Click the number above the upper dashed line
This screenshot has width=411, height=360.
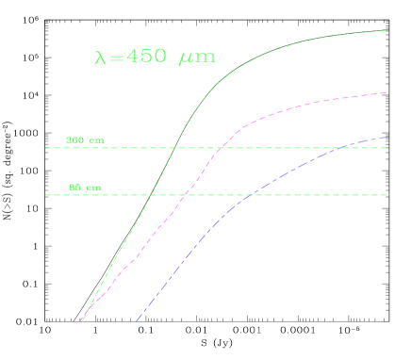pyautogui.click(x=75, y=140)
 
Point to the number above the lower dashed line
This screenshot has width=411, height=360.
pyautogui.click(x=75, y=188)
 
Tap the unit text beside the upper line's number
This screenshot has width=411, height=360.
pyautogui.click(x=96, y=141)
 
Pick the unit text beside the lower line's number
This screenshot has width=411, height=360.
pyautogui.click(x=93, y=188)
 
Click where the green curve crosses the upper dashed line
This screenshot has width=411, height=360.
pyautogui.click(x=175, y=148)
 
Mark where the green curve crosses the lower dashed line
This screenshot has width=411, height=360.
pyautogui.click(x=151, y=195)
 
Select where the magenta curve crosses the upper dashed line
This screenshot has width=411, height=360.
pyautogui.click(x=220, y=148)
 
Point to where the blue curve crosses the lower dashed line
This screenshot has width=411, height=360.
pyautogui.click(x=251, y=195)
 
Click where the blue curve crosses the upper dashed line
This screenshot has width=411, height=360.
pyautogui.click(x=341, y=148)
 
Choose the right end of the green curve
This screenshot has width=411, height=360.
pyautogui.click(x=387, y=30)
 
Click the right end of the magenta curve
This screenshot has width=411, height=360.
pyautogui.click(x=387, y=92)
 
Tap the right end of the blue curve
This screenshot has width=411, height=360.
pyautogui.click(x=387, y=138)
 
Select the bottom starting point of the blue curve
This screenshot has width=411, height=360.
pyautogui.click(x=136, y=321)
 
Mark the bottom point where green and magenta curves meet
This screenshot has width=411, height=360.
pyautogui.click(x=81, y=320)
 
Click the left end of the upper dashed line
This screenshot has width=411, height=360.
pyautogui.click(x=45, y=148)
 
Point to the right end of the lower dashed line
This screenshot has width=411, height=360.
pyautogui.click(x=388, y=195)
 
